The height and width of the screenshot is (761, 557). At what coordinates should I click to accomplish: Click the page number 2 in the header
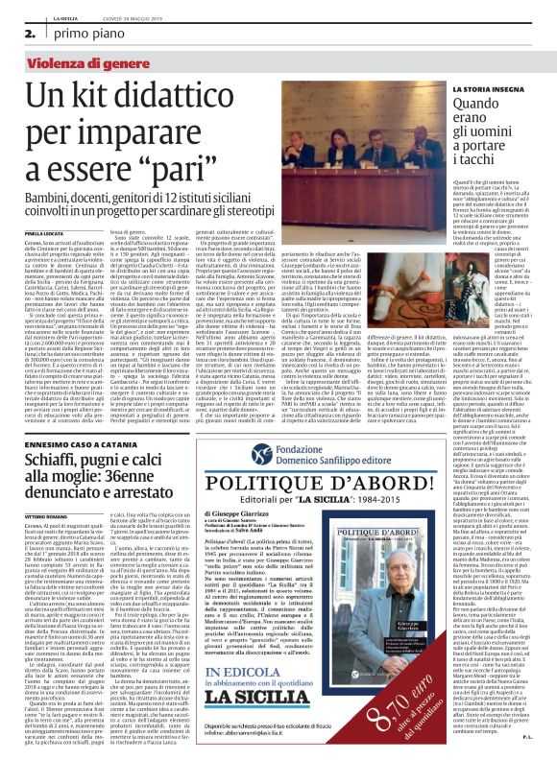pos(17,35)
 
